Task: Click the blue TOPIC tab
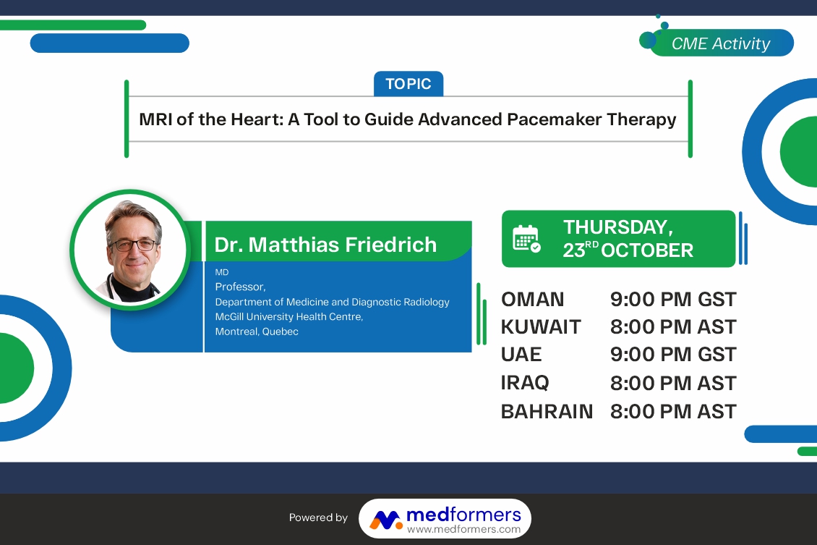click(408, 83)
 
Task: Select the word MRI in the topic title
click(155, 119)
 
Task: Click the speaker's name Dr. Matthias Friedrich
click(325, 245)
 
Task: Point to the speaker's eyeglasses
click(133, 244)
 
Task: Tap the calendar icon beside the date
click(526, 239)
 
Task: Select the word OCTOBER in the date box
click(647, 250)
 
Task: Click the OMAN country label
click(533, 300)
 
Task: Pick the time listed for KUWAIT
click(673, 327)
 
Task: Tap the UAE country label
click(521, 355)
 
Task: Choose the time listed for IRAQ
click(673, 384)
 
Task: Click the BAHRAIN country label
click(547, 412)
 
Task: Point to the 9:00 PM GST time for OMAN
click(673, 300)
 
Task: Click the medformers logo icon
click(385, 520)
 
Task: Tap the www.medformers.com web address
click(463, 529)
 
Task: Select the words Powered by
click(318, 517)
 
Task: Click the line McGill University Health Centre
click(289, 316)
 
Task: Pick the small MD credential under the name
click(222, 272)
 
